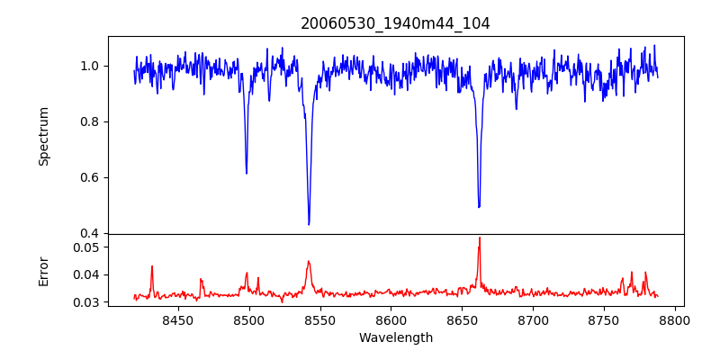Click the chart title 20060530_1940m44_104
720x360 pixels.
(x=395, y=24)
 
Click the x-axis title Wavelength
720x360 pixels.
(x=395, y=338)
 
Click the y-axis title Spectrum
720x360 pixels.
(x=43, y=136)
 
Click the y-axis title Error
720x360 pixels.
(x=43, y=271)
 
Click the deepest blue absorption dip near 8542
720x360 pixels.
(x=309, y=224)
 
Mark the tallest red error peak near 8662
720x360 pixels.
(x=480, y=238)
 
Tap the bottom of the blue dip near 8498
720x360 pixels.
(x=247, y=173)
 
